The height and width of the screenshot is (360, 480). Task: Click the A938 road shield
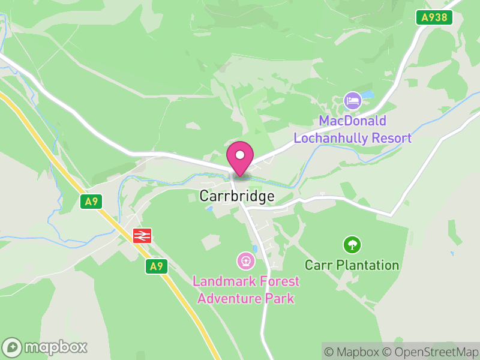[x=434, y=17]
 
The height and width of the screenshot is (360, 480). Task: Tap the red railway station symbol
[x=142, y=236]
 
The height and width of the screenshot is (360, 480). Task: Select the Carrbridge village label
[x=237, y=196]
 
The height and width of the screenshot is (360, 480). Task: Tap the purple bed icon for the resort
[x=352, y=100]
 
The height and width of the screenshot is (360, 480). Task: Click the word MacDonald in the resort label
[x=352, y=121]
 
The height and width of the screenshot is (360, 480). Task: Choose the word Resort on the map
[x=392, y=138]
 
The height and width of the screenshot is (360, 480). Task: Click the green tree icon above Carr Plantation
[x=352, y=245]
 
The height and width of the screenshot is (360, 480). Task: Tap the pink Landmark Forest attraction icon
[x=246, y=261]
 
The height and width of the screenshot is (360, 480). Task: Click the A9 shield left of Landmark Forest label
[x=156, y=266]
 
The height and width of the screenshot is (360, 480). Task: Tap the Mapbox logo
[x=46, y=347]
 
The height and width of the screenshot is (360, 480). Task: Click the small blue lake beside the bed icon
[x=367, y=95]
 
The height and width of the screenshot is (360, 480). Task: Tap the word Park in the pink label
[x=281, y=298]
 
